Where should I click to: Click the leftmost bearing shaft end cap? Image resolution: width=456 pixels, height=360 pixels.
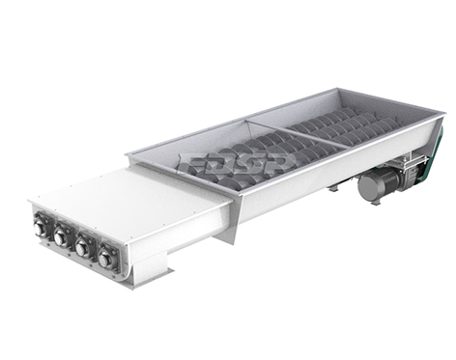40,229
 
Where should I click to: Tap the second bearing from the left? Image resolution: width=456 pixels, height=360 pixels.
59,238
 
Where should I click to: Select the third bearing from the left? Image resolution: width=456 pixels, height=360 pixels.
81,248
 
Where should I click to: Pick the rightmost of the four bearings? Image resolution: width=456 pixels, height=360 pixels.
104,260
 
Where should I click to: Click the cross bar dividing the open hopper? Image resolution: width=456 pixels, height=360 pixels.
298,134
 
